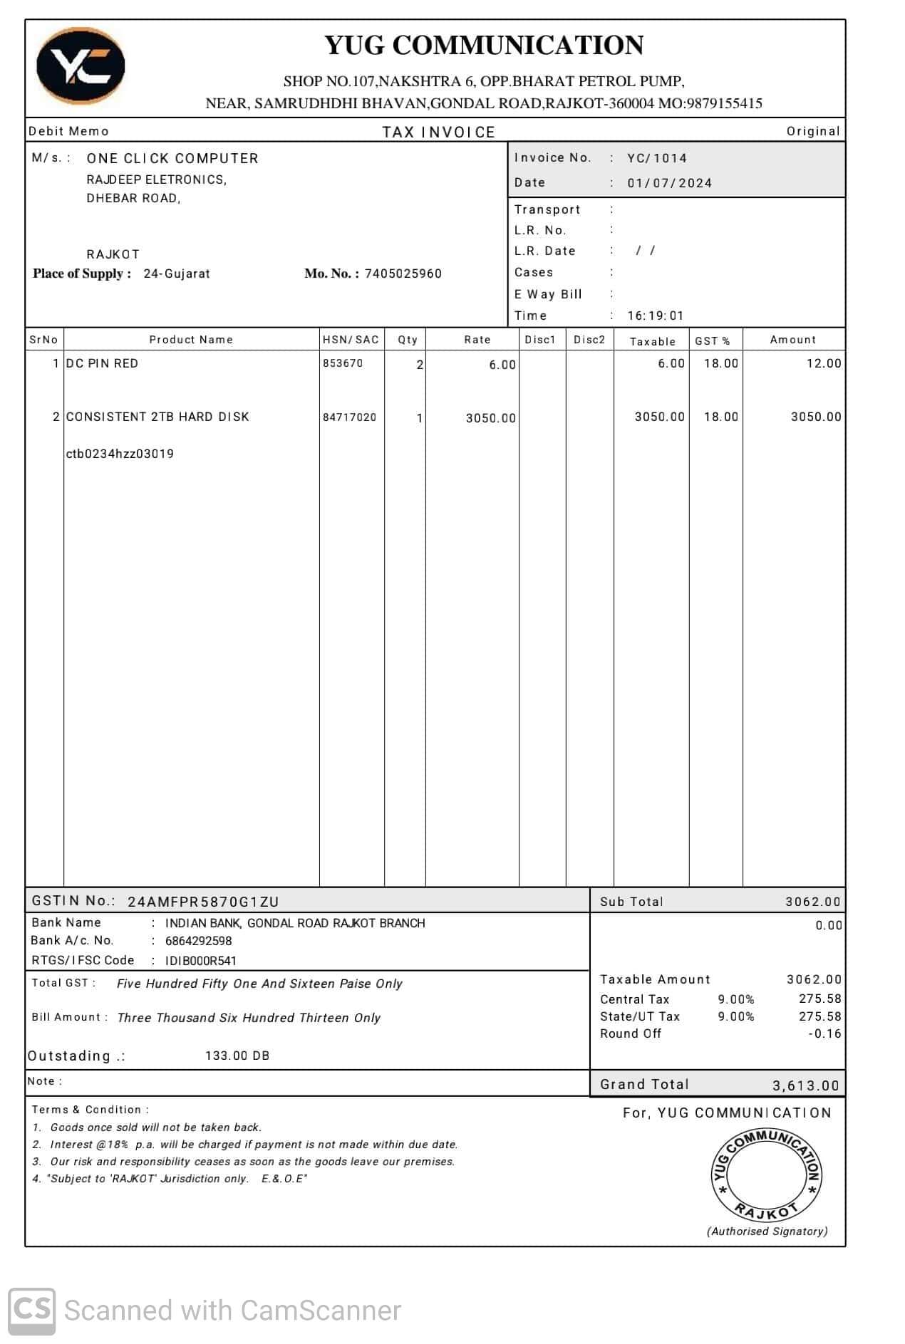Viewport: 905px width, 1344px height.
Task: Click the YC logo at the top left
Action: (81, 66)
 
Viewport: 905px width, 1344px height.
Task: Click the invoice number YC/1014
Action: (656, 158)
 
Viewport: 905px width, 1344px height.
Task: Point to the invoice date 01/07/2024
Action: (669, 183)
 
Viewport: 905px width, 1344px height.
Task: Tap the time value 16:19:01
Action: (655, 316)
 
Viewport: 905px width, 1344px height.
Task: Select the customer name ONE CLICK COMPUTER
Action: (172, 158)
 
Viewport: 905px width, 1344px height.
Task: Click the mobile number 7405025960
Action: (403, 274)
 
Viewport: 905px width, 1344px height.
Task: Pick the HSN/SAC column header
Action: (351, 340)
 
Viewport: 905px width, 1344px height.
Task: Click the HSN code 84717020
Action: (349, 417)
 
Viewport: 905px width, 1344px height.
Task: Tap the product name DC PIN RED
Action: (102, 363)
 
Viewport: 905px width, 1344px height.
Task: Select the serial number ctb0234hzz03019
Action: (120, 454)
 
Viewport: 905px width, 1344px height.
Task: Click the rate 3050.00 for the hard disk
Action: (490, 418)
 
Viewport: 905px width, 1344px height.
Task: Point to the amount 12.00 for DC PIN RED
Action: (823, 363)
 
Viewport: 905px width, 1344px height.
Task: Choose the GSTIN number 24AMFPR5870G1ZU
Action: (203, 902)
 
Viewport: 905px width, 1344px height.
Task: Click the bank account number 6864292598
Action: (198, 941)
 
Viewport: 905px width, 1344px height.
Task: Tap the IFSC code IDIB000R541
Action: (201, 961)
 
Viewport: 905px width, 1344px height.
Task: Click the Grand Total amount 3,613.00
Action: (805, 1085)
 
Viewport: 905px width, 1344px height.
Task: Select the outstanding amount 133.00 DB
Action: (237, 1056)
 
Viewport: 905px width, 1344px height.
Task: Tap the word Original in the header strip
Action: (812, 131)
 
